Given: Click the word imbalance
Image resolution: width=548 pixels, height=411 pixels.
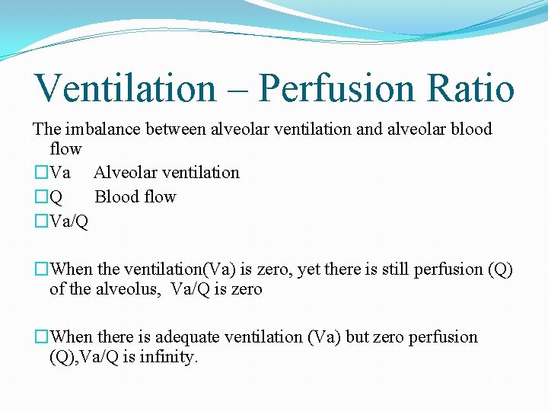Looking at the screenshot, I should point(98,129).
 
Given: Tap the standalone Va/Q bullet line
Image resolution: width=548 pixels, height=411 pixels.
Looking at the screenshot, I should point(68,221).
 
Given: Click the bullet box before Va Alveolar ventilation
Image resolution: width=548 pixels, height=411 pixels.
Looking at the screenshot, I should point(40,173).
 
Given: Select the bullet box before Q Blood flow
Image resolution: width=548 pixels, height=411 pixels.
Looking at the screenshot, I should point(40,197).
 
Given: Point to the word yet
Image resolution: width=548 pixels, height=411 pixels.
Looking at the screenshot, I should point(310,269).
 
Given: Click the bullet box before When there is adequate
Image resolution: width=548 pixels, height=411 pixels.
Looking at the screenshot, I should point(40,337).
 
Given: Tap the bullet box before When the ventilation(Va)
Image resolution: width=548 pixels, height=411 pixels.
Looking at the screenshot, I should point(40,269).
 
